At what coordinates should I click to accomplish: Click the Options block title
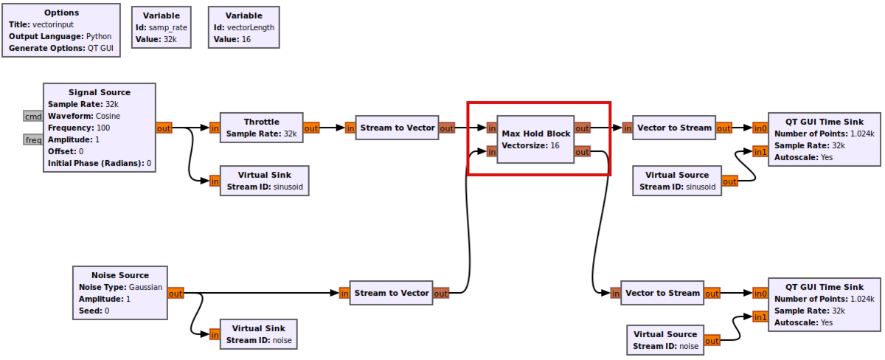(x=62, y=13)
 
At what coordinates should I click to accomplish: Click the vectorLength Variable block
(x=243, y=28)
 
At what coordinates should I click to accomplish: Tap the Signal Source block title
(x=100, y=92)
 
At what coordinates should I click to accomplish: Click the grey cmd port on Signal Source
(x=33, y=116)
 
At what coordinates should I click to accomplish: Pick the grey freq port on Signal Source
(x=33, y=139)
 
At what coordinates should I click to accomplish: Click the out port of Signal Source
(x=164, y=128)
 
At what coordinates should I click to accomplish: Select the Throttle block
(x=261, y=128)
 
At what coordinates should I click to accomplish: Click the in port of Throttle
(x=215, y=128)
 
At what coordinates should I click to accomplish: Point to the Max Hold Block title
(x=535, y=134)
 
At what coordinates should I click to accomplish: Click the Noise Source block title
(x=119, y=275)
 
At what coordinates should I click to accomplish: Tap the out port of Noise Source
(x=176, y=293)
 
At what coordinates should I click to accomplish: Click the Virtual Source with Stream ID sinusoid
(x=676, y=181)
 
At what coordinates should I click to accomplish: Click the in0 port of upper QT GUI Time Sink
(x=760, y=128)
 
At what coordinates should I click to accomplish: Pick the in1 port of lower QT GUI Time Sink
(x=760, y=316)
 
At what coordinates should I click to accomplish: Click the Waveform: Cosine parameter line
(x=84, y=116)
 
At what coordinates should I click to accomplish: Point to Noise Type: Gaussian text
(x=120, y=287)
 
